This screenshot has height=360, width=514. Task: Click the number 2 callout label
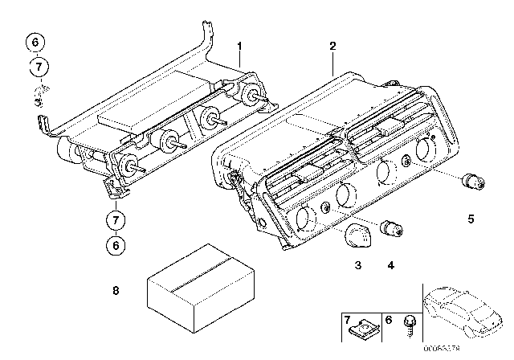(x=332, y=46)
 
